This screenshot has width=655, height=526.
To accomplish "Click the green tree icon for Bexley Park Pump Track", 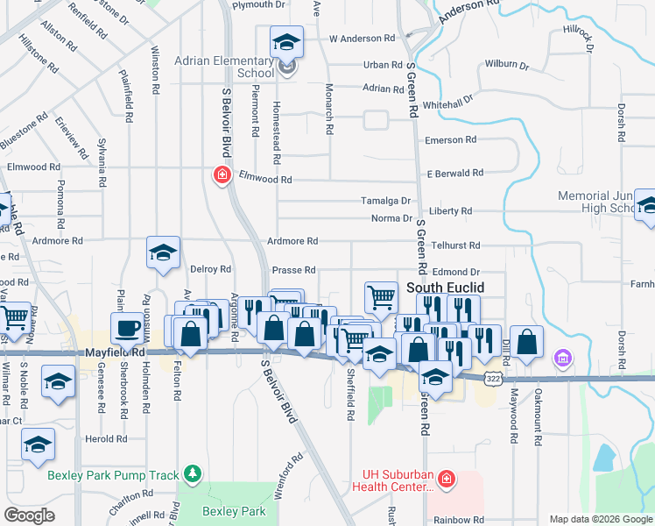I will pyautogui.click(x=193, y=474).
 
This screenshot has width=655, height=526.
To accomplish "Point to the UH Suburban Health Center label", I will pyautogui.click(x=391, y=480).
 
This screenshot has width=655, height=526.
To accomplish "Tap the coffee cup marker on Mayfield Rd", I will pyautogui.click(x=127, y=328).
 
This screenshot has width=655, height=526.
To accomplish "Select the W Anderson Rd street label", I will pyautogui.click(x=362, y=39).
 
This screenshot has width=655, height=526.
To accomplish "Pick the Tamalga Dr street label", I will pyautogui.click(x=386, y=201).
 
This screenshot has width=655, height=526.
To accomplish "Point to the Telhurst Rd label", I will pyautogui.click(x=455, y=246).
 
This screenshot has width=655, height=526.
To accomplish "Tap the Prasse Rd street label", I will pyautogui.click(x=293, y=270).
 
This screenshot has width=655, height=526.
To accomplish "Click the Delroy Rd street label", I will pyautogui.click(x=210, y=269).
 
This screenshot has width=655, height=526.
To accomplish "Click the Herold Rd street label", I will pyautogui.click(x=106, y=439).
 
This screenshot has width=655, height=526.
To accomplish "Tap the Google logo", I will pyautogui.click(x=29, y=515).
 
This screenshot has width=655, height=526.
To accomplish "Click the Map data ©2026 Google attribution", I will pyautogui.click(x=600, y=519).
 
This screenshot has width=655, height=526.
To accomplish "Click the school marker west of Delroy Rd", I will pyautogui.click(x=163, y=253).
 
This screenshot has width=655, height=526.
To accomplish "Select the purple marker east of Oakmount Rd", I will pyautogui.click(x=562, y=358).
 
